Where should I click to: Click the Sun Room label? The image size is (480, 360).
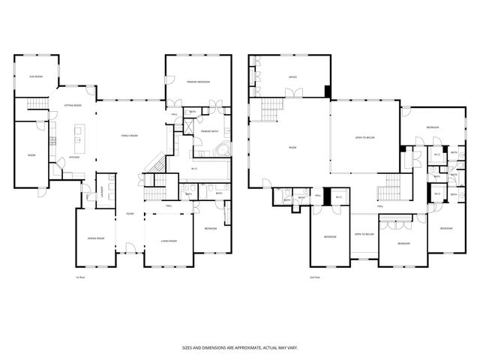click(x=34, y=77)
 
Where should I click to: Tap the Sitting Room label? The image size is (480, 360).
click(x=72, y=106)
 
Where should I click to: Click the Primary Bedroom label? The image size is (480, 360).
click(x=198, y=82)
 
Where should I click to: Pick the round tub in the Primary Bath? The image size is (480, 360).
click(x=222, y=151)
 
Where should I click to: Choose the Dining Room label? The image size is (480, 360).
click(x=95, y=239)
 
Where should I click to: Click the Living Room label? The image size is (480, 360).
click(x=169, y=241)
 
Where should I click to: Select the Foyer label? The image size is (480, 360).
click(x=130, y=213)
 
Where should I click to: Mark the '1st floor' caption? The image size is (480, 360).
click(x=79, y=277)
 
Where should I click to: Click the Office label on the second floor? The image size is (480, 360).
click(x=293, y=77)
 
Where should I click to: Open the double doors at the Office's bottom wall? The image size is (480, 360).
click(x=293, y=94)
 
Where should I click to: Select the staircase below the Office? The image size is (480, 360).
click(x=271, y=112)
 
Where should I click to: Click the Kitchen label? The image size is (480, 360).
click(x=75, y=157)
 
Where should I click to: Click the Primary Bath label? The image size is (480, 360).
click(x=209, y=131)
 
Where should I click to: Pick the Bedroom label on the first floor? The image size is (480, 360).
click(x=211, y=228)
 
